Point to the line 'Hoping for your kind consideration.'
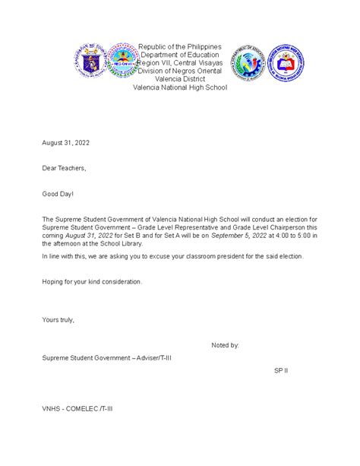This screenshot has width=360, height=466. click(92, 281)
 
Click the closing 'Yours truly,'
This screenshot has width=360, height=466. click(58, 319)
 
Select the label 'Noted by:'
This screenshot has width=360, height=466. click(225, 345)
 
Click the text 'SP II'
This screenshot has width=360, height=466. click(281, 370)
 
